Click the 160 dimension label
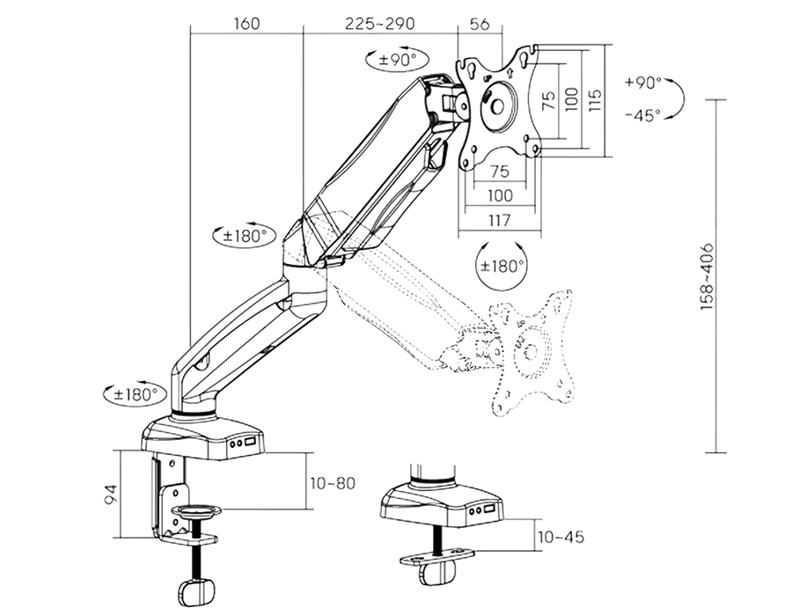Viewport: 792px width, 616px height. coord(247,23)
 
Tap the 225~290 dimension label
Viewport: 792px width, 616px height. coord(380,23)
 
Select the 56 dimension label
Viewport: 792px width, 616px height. coord(480,23)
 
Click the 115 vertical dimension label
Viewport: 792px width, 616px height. coord(596,100)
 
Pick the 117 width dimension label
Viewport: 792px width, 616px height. coord(499,220)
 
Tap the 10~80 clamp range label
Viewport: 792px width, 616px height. coord(333,483)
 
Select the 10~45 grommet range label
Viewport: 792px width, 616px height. coord(561,536)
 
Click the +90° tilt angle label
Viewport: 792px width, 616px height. coord(642,83)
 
